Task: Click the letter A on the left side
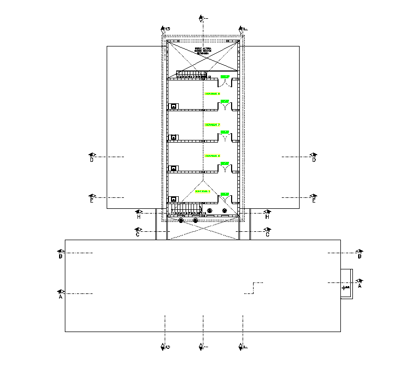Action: (x=61, y=297)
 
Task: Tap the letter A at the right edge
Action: (x=360, y=286)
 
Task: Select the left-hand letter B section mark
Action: (x=61, y=256)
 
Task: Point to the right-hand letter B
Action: (x=360, y=256)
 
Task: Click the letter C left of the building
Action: (x=138, y=235)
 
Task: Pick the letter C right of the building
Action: (x=268, y=235)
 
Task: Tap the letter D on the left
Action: (x=91, y=160)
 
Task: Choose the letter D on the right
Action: (x=314, y=160)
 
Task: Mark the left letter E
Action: (x=91, y=200)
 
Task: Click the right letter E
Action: (x=314, y=200)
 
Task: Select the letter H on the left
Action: (x=139, y=217)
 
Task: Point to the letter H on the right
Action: (x=267, y=217)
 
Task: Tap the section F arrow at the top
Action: (x=243, y=29)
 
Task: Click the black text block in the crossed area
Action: (x=202, y=51)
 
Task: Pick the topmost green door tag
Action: (x=225, y=77)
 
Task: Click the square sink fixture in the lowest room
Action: (x=174, y=199)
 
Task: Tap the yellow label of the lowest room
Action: (x=202, y=192)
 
